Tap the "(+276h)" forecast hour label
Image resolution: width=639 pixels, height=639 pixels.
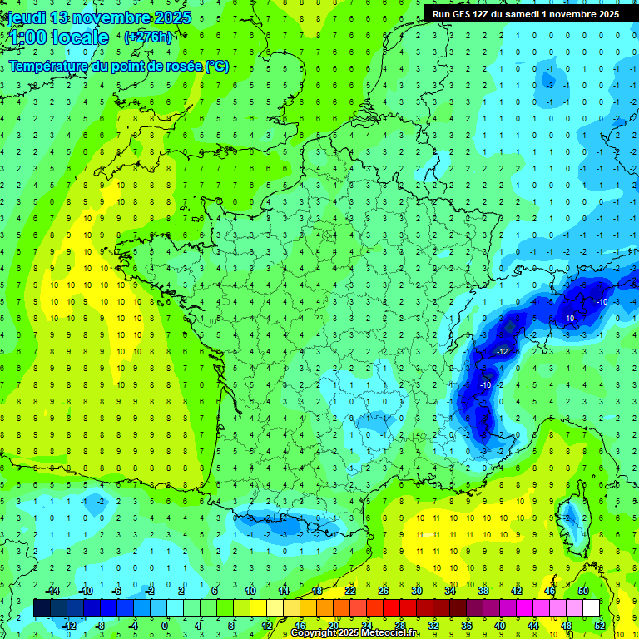coord(148,37)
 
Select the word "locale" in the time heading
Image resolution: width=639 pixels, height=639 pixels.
coord(80,37)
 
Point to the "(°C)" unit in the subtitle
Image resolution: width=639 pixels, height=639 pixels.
coord(217,66)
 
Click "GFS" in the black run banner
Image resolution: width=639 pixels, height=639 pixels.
coord(470,13)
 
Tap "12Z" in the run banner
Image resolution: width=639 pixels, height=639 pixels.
coord(493,13)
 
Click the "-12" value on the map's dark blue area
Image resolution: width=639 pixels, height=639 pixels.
coord(502,352)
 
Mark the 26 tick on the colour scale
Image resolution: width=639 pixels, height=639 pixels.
coord(384,591)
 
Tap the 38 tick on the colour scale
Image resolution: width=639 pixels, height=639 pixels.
coord(483,591)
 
